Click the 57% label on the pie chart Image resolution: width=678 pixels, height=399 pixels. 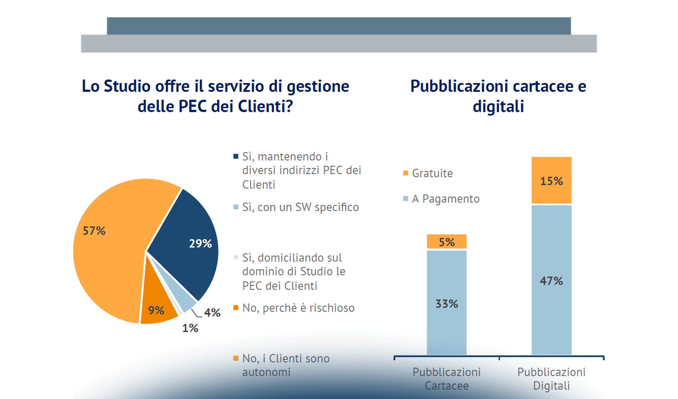[x=94, y=230]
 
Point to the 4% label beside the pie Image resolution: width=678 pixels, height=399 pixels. [x=212, y=313]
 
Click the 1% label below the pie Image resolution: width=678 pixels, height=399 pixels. [x=190, y=328]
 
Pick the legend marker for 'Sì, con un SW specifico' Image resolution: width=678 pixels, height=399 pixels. [x=236, y=207]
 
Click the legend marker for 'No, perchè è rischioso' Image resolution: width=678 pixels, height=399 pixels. [x=236, y=308]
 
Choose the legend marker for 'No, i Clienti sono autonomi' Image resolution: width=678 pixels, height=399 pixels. [x=236, y=358]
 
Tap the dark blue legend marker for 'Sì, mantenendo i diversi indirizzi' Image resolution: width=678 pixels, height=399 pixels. [x=236, y=156]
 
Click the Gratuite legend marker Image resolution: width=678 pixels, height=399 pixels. [x=405, y=173]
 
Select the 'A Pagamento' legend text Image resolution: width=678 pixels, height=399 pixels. [x=446, y=199]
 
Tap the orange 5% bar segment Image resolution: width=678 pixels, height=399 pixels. [x=447, y=241]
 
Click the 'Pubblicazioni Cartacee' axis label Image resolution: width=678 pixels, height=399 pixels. [x=447, y=379]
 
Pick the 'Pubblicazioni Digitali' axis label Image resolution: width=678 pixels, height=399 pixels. [x=551, y=379]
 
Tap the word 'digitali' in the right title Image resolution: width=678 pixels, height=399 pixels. [x=498, y=106]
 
